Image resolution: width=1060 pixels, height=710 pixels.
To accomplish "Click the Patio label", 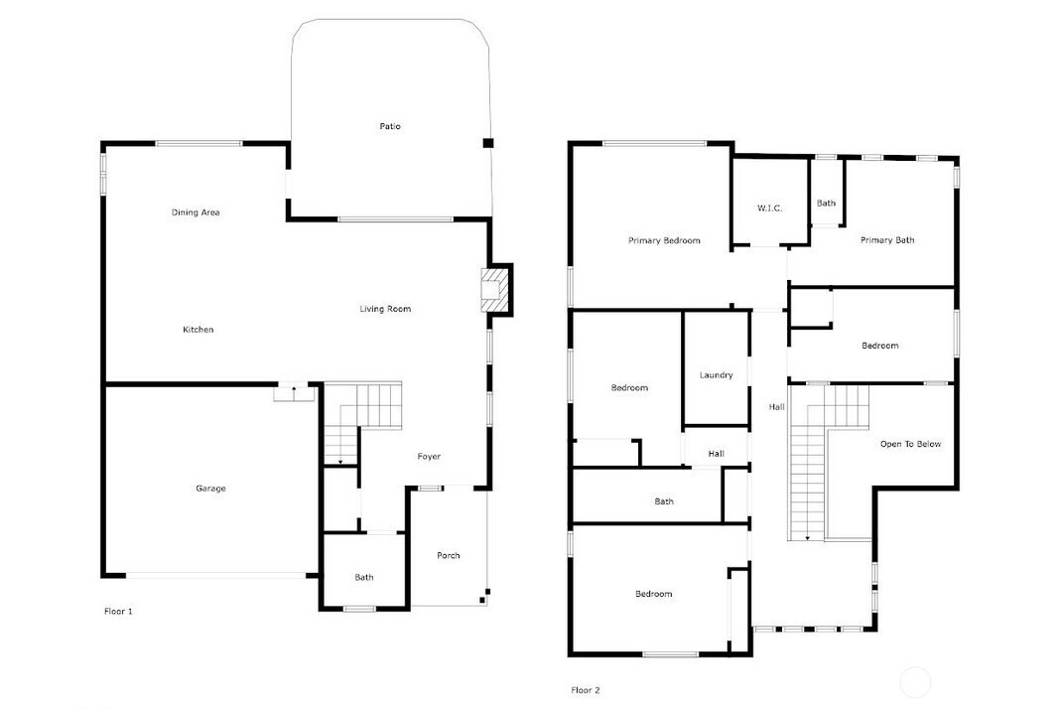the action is pos(390,126).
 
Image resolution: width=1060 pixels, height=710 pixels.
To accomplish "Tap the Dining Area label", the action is pos(196,213).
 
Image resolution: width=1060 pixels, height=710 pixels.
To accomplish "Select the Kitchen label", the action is pos(199,330).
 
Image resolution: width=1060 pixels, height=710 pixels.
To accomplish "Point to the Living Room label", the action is pos(385,309).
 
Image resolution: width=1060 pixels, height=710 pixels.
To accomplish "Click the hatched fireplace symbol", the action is pos(494,289).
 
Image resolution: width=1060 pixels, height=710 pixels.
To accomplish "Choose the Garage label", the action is pos(211,489).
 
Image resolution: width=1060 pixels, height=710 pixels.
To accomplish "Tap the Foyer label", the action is pos(429,457).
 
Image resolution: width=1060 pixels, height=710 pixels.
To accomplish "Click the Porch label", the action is pos(449,555).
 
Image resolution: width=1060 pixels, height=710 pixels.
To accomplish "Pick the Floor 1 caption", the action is pos(118,612).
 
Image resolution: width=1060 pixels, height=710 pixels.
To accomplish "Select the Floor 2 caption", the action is pos(586,690).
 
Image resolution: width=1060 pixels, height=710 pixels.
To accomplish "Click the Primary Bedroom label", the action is pos(664,240).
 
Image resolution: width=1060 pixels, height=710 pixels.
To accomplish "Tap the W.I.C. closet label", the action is pos(769,209).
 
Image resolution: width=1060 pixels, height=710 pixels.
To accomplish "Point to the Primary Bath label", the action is pos(887,240).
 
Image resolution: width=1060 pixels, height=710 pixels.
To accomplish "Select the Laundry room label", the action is pos(716,375).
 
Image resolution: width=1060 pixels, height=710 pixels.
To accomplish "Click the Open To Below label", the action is pos(910,444).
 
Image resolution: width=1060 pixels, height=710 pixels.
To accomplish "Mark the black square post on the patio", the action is pos(488,143).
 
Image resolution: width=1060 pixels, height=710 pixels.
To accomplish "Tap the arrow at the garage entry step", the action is pos(294,390).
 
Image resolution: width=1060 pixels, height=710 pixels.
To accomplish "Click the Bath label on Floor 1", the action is pos(363,578).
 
